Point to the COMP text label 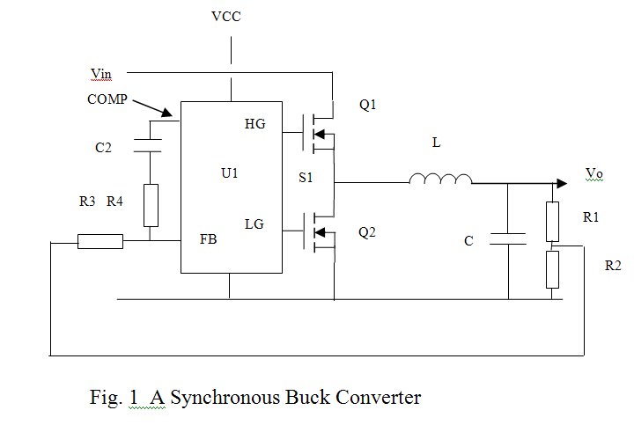tap(107, 99)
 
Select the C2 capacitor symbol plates tap(150, 141)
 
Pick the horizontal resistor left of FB tap(100, 240)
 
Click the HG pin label tap(254, 125)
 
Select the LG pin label tap(254, 225)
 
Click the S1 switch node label tap(306, 179)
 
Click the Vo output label tap(594, 176)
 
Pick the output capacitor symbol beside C tap(507, 237)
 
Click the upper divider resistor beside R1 tap(553, 222)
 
